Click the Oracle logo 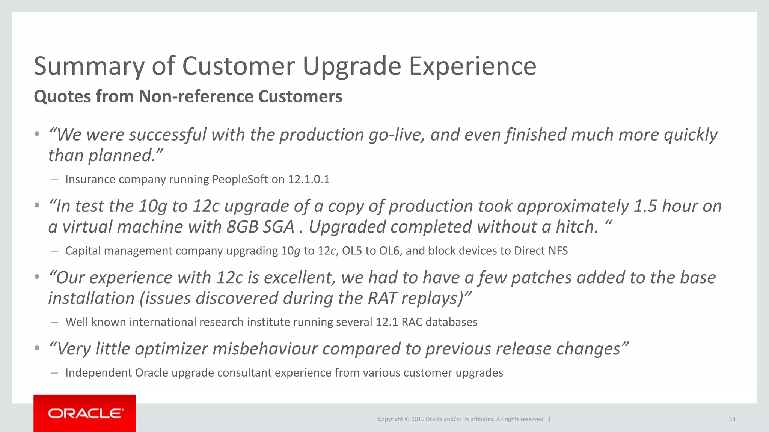click(x=85, y=413)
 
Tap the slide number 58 click(x=732, y=419)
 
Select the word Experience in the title click(x=472, y=66)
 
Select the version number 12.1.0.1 click(x=309, y=179)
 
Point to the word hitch click(x=576, y=227)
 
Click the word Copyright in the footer click(x=390, y=419)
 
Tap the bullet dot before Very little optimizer click(x=37, y=348)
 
